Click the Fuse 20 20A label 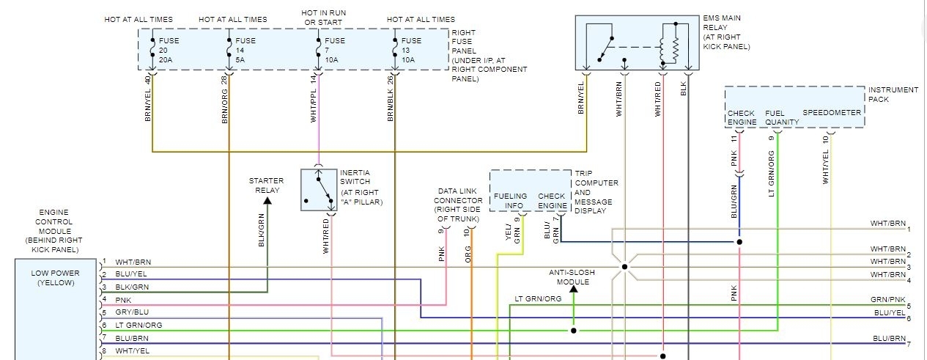[168, 51]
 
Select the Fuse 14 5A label [246, 51]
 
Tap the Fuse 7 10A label [335, 51]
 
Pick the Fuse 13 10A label [411, 51]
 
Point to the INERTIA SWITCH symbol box [318, 190]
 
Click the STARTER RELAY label [266, 185]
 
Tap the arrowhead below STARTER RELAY [267, 199]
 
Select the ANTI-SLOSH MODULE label [573, 277]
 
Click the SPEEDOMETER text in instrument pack [832, 113]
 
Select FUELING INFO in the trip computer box [511, 201]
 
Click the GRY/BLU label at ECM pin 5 [132, 313]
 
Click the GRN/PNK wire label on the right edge [887, 301]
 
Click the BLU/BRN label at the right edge [889, 338]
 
